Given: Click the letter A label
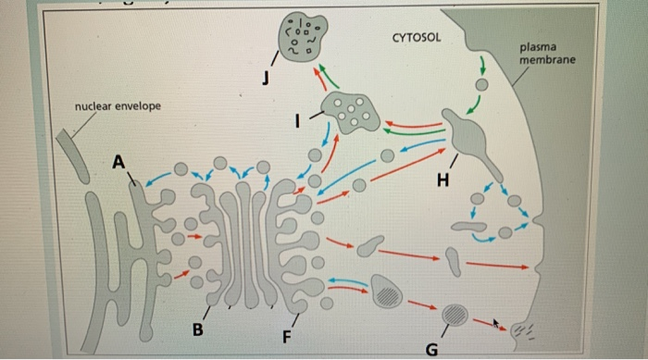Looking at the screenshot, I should pyautogui.click(x=118, y=162).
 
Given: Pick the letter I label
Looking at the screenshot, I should pyautogui.click(x=297, y=119).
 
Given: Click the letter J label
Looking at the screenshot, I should pyautogui.click(x=266, y=80).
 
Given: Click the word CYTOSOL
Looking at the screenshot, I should pyautogui.click(x=417, y=38).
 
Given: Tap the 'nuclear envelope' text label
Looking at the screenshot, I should pyautogui.click(x=118, y=106).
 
